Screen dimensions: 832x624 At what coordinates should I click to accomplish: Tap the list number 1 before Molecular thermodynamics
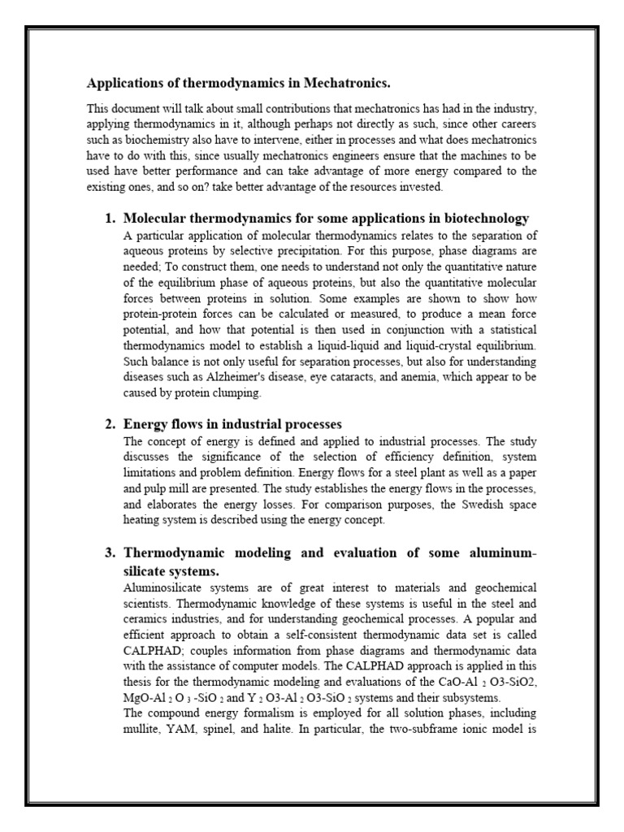pos(110,219)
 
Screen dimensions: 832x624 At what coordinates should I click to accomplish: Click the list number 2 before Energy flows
pos(110,425)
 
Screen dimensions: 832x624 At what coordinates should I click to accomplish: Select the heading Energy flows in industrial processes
pos(232,425)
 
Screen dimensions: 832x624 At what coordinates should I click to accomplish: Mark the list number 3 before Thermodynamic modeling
pos(110,553)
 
